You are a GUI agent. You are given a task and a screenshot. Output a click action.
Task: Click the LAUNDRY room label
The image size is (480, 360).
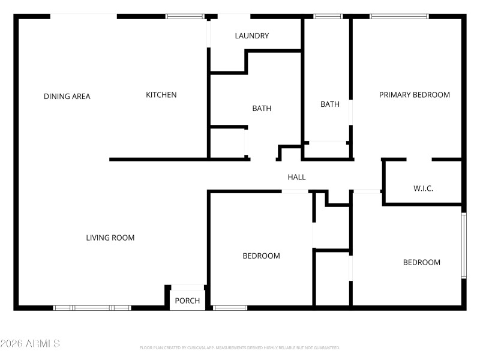pos(251,36)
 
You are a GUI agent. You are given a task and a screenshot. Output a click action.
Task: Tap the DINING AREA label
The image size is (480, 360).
pos(67,97)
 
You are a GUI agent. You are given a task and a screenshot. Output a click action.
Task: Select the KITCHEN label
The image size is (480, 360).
pos(161,95)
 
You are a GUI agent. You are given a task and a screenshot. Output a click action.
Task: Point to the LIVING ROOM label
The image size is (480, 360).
pos(110,238)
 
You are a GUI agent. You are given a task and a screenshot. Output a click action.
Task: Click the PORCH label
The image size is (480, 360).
pos(187,301)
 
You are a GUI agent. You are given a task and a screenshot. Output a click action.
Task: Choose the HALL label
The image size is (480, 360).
pos(296,177)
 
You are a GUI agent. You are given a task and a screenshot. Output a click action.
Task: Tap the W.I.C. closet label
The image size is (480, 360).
pos(423,188)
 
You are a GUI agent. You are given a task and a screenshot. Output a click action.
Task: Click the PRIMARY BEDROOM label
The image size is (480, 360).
pos(414,95)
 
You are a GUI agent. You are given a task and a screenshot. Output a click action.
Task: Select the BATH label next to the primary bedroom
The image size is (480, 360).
pos(329,104)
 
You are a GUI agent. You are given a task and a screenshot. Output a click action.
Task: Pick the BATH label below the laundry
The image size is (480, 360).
pos(262,109)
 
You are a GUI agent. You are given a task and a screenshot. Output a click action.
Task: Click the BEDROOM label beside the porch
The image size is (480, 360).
pos(261,256)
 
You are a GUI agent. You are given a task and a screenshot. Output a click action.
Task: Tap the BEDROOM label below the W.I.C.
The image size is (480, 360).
pos(421,262)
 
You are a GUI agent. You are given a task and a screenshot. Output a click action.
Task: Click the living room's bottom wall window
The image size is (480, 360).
pos(92,308)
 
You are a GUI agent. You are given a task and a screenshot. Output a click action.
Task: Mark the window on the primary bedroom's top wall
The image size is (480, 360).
pos(399,16)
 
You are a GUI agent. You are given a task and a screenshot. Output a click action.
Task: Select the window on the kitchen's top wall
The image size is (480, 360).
pos(184,16)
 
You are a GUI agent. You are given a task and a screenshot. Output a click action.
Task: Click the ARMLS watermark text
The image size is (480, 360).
pos(30,344)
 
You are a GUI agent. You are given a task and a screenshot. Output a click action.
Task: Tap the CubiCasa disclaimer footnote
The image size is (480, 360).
pos(240,347)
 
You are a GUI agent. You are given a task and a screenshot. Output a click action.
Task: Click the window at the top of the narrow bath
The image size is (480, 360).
pos(328,16)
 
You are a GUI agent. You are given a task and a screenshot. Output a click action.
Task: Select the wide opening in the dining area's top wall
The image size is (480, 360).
pos(83,16)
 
